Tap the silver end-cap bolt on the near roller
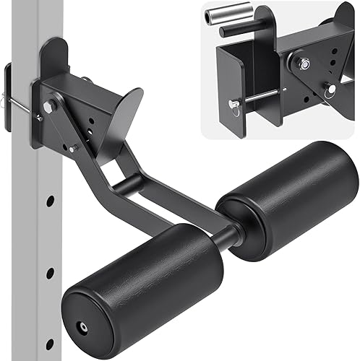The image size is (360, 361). (x=85, y=326)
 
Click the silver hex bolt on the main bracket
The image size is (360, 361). (x=50, y=107)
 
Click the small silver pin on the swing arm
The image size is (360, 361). (x=73, y=148)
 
